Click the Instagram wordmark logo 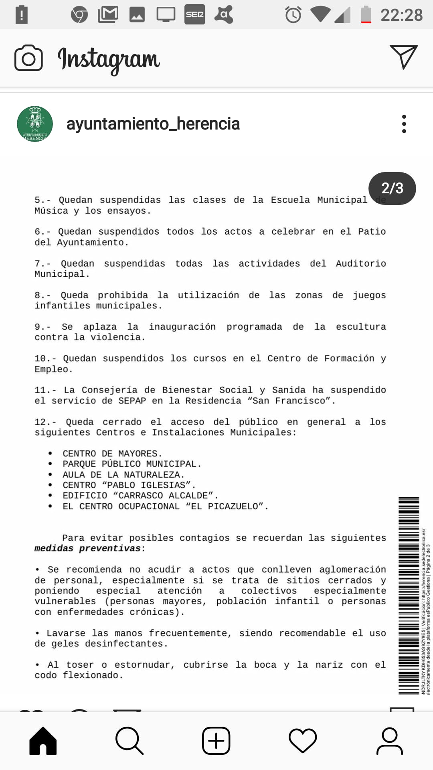click(x=109, y=59)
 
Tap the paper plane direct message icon click(x=403, y=57)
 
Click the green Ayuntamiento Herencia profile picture click(x=35, y=124)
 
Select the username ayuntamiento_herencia click(x=153, y=124)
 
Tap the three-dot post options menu click(x=404, y=124)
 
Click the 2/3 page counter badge click(x=392, y=188)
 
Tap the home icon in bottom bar click(x=43, y=741)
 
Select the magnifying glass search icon click(x=129, y=741)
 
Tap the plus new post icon click(x=216, y=741)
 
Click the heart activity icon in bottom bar click(x=303, y=741)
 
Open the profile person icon click(x=389, y=741)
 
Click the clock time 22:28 click(x=401, y=15)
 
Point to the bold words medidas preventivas click(x=88, y=548)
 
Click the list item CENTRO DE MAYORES click(x=112, y=454)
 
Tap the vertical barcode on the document click(x=409, y=596)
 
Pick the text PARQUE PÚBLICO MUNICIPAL click(x=132, y=464)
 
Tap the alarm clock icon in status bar click(x=293, y=15)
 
